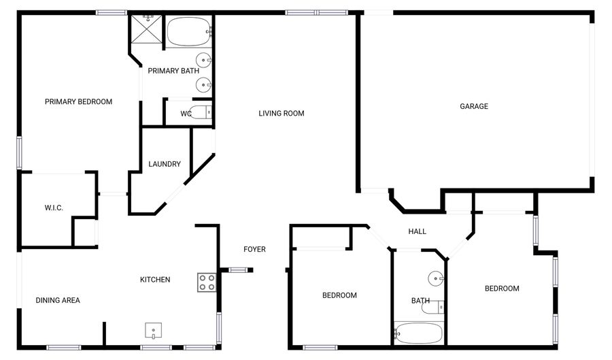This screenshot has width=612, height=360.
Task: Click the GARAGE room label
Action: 474,106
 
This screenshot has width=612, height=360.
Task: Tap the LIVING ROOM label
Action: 281,113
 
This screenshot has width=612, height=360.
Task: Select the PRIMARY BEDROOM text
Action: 78,101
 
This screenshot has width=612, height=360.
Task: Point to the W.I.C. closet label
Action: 54,208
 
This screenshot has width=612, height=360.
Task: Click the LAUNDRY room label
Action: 165,164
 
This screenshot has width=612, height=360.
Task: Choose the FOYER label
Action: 254,249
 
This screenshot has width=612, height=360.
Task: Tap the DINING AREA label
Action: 58,300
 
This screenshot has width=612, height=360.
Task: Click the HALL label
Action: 417,231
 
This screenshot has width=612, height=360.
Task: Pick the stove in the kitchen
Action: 207,282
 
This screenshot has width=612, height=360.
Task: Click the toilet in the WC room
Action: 201,113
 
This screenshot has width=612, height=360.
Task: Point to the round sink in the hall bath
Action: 436,278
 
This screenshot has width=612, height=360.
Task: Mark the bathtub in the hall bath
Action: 418,333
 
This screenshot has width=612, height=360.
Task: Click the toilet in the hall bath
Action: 433,308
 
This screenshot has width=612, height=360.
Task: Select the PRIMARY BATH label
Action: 173,71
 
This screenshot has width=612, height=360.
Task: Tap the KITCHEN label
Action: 155,280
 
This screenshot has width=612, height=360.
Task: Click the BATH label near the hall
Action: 420,300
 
